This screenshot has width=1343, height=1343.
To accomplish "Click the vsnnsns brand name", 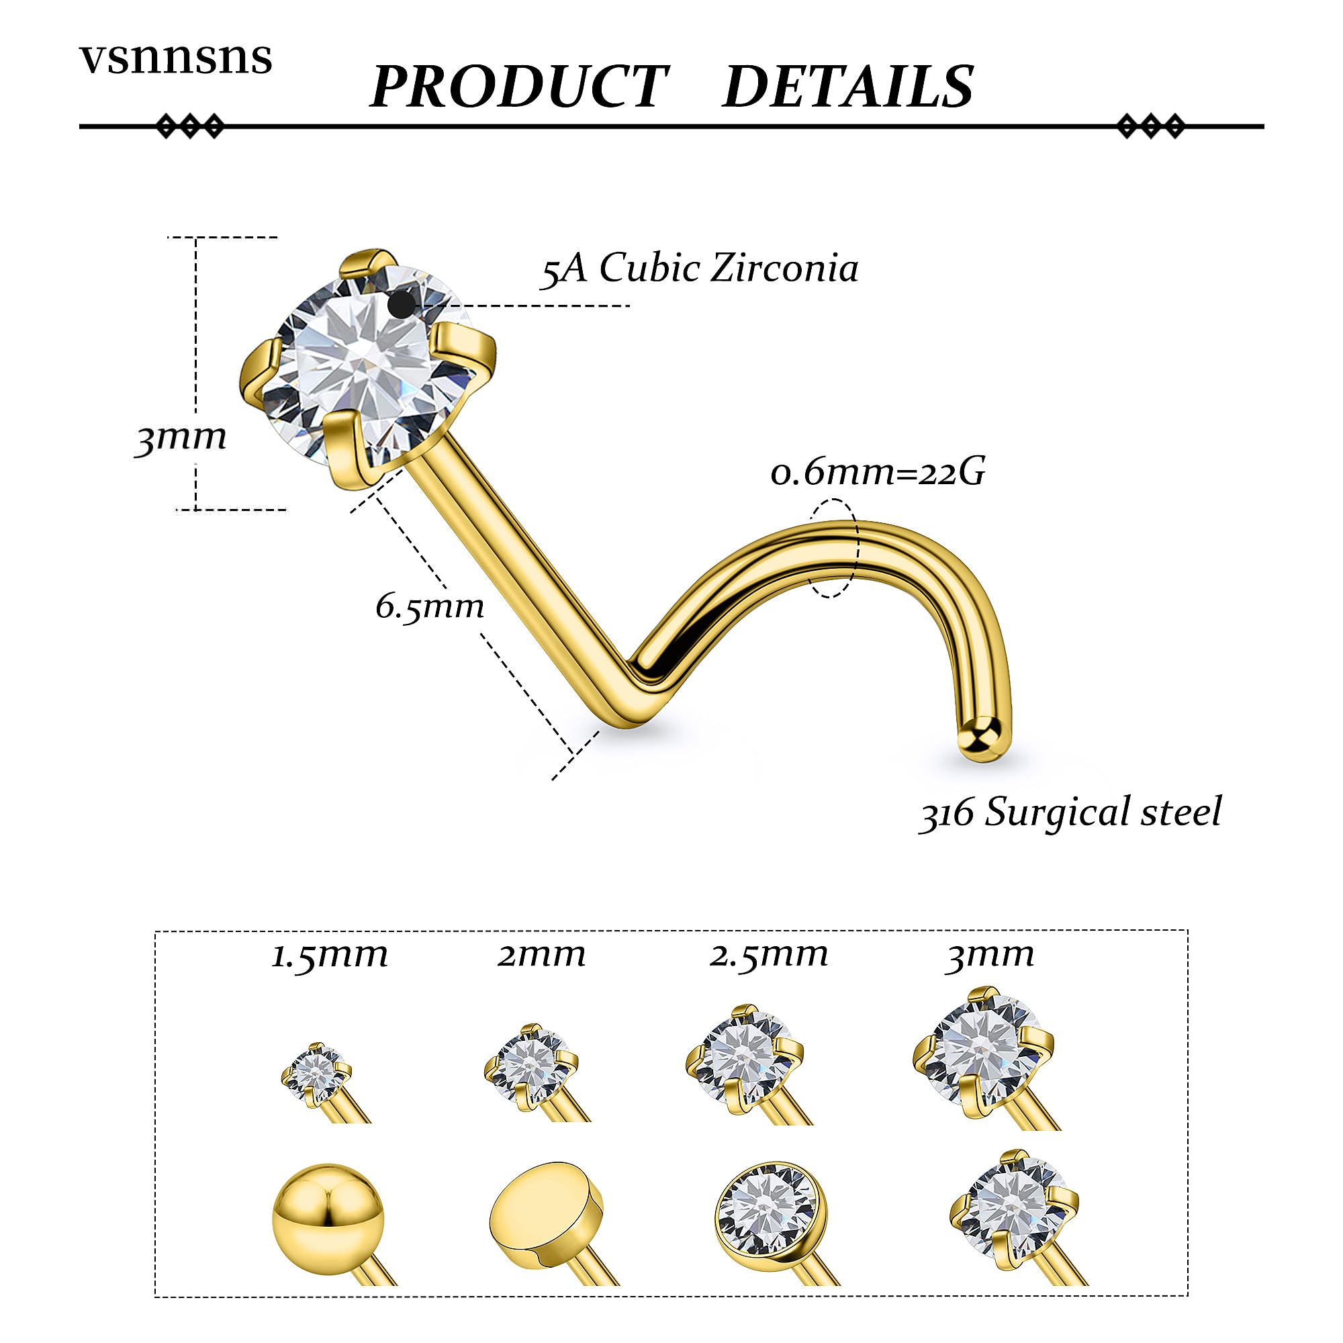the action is click(x=176, y=58).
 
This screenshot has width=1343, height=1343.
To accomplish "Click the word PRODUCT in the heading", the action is click(x=518, y=86).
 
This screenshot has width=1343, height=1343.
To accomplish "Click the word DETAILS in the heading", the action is click(x=848, y=86).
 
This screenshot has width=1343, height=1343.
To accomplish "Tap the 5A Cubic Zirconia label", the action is click(x=700, y=269).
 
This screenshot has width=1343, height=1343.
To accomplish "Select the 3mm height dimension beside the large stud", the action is click(x=181, y=438).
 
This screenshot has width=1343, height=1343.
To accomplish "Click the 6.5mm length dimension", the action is click(x=430, y=607).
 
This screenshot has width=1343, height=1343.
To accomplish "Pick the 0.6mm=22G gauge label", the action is click(x=878, y=473).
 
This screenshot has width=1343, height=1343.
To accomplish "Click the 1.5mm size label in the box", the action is click(x=329, y=956).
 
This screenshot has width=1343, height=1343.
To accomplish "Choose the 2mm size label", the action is click(x=541, y=956).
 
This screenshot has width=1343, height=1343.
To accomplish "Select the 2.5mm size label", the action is click(x=769, y=956).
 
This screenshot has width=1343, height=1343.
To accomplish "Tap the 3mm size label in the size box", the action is click(x=990, y=956).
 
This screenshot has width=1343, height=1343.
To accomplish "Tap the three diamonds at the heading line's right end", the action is click(x=1150, y=126).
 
